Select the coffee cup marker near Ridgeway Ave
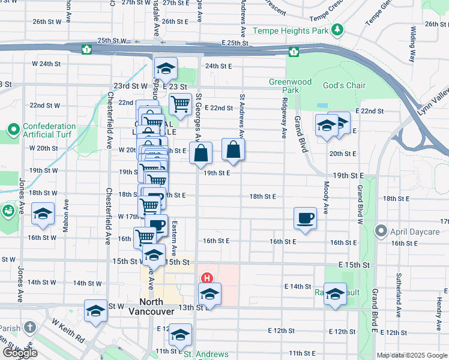(x=305, y=217)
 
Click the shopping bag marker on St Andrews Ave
(x=233, y=149)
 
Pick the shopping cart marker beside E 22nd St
(x=180, y=104)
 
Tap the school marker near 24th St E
(x=166, y=68)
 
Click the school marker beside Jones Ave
(x=43, y=214)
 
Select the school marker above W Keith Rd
(x=95, y=310)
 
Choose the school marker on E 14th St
(x=335, y=294)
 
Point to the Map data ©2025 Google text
(x=412, y=355)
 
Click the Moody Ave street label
(x=327, y=198)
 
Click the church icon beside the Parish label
(x=31, y=328)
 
